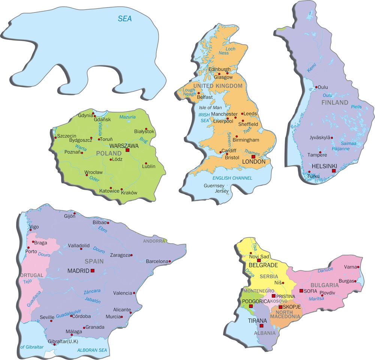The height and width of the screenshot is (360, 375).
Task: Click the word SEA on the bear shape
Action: coord(125,18)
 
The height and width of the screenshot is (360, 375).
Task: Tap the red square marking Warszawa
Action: coord(127,150)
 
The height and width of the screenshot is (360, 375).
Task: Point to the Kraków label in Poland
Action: coord(130,193)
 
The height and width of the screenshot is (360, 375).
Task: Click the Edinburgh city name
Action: coord(219,69)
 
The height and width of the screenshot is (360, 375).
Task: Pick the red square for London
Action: coord(253,157)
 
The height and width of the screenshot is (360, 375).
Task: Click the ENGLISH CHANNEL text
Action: coord(232,178)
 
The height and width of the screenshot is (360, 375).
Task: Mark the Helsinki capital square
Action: coord(334,171)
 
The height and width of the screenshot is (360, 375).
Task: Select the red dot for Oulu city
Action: coord(316,87)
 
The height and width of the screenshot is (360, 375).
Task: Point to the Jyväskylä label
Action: coord(320,138)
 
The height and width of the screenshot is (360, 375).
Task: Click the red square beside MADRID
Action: coord(93,270)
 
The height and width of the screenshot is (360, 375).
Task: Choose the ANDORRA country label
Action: coord(153,241)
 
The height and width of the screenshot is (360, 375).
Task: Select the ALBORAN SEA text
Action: coord(92,350)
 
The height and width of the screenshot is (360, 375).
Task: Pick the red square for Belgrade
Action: coord(259,260)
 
